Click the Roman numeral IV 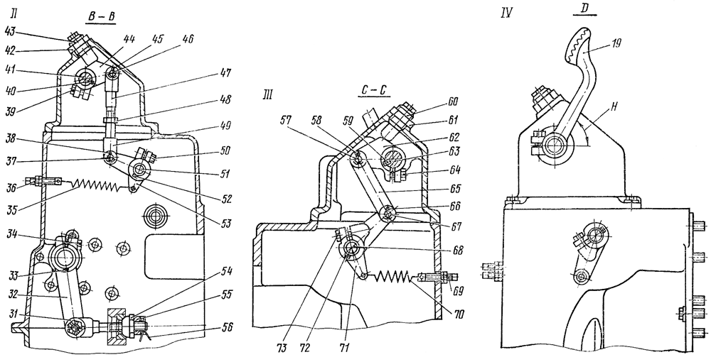(508, 12)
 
